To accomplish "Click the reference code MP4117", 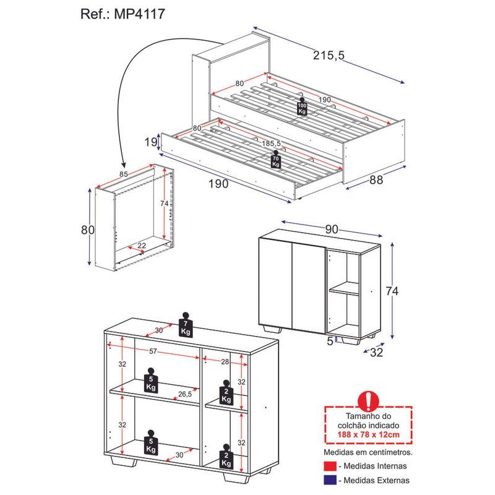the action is point(139,14).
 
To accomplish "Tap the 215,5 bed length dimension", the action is point(329,55).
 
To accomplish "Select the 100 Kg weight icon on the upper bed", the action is point(302,106).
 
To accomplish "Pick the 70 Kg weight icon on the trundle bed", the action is point(275,159).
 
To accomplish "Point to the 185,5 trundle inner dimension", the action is point(271,144).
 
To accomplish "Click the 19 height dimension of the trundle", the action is point(150,142).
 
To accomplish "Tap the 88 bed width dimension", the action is point(376,180).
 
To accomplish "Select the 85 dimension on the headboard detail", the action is point(123,174).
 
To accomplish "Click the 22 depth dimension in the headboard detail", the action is point(142,245).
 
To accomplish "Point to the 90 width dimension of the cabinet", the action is point(332,230).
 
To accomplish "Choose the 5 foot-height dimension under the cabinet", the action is point(330,341).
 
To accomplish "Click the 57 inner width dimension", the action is point(153,351).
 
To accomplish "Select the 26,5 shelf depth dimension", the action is point(184,394).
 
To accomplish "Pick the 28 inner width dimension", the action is point(225,361).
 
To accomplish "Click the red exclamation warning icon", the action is point(368,401).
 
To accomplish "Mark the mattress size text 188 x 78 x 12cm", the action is point(368,435).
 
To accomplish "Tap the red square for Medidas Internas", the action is point(330,467).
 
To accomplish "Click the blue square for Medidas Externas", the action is point(330,480).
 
